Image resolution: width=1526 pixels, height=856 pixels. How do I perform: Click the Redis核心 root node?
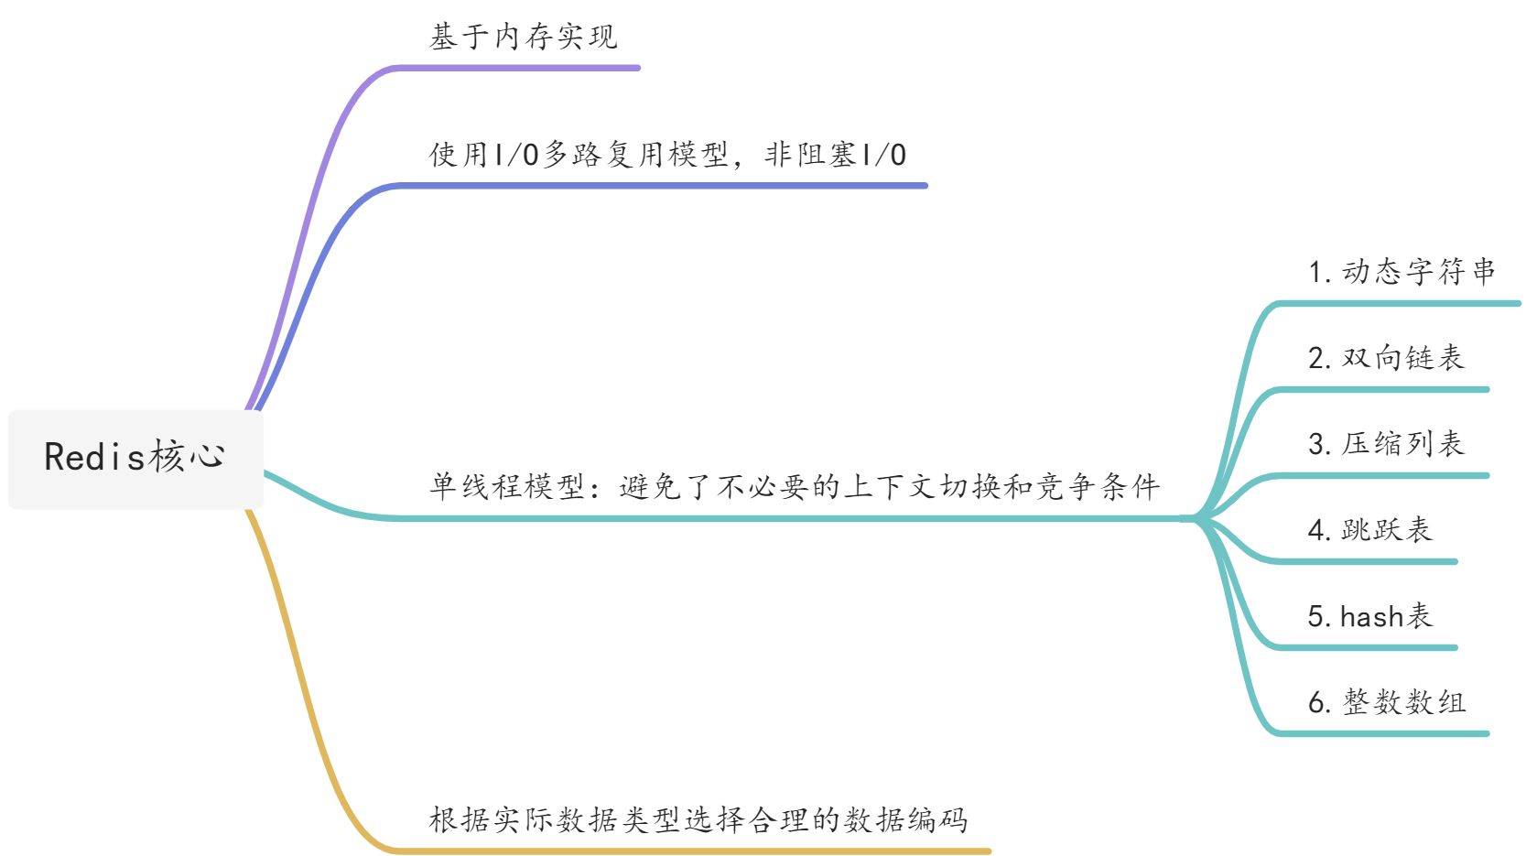pos(135,458)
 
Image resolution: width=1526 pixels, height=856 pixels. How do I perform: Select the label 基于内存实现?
pos(523,38)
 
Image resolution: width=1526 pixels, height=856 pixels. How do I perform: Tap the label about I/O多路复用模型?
pos(667,155)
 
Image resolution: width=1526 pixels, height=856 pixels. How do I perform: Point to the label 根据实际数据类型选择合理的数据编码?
pos(698,819)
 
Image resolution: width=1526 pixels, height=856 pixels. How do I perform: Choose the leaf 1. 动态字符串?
pos(1402,272)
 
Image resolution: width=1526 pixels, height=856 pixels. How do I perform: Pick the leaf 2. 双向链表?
pos(1386,358)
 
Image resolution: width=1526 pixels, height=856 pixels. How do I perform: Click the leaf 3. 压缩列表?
pos(1386,444)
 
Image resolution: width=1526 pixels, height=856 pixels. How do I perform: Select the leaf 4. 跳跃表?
pos(1369,530)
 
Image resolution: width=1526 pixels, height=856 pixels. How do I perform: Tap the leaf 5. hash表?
pos(1369,616)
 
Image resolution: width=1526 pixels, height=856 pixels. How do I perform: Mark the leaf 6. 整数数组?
pos(1386,702)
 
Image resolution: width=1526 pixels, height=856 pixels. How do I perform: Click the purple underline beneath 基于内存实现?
pos(522,68)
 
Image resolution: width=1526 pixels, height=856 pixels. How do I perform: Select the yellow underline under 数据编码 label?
pos(696,851)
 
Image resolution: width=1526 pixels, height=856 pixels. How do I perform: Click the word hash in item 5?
pos(1372,617)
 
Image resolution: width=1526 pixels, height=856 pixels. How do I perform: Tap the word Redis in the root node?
pos(94,458)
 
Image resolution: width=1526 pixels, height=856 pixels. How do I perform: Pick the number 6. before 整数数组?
pos(1319,703)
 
